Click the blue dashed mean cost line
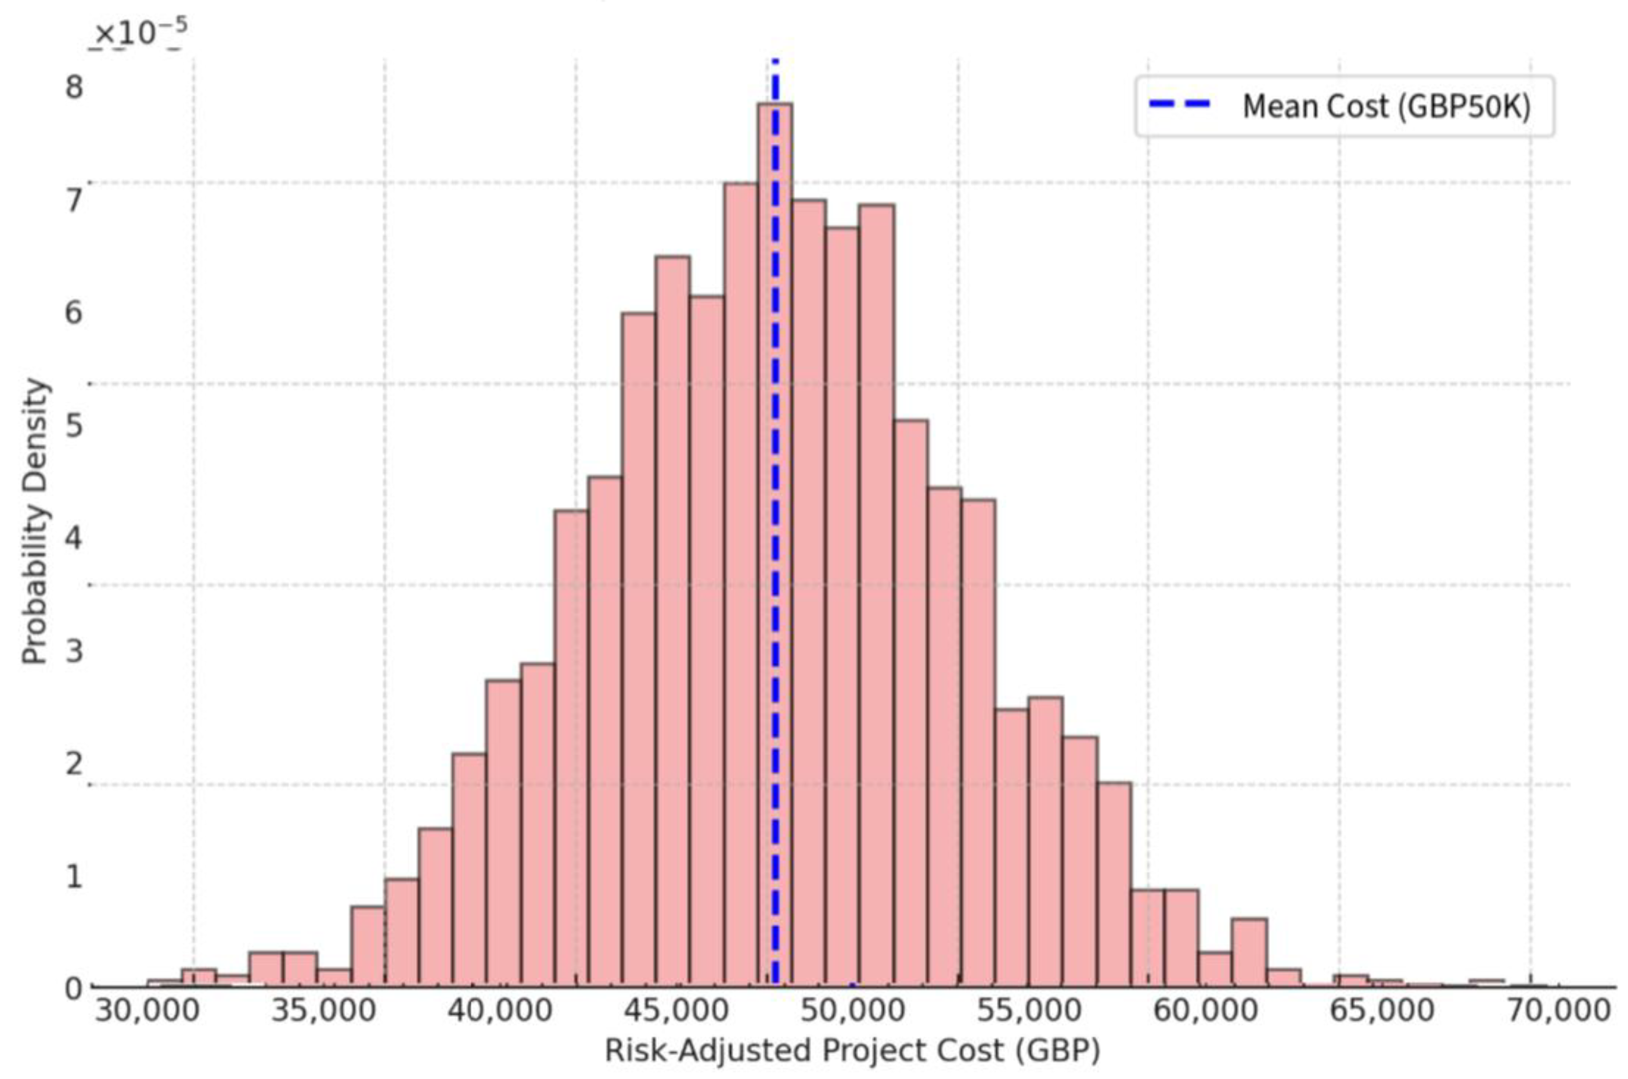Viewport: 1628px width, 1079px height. pyautogui.click(x=775, y=413)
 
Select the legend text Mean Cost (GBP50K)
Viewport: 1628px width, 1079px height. pyautogui.click(x=1386, y=107)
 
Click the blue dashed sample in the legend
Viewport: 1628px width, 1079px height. pyautogui.click(x=1180, y=104)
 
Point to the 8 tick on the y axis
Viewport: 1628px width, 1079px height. pyautogui.click(x=73, y=88)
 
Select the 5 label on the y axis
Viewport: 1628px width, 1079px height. pyautogui.click(x=73, y=425)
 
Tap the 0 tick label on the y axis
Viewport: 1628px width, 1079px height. pyautogui.click(x=73, y=989)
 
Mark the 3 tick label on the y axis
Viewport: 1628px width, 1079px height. pyautogui.click(x=73, y=650)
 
